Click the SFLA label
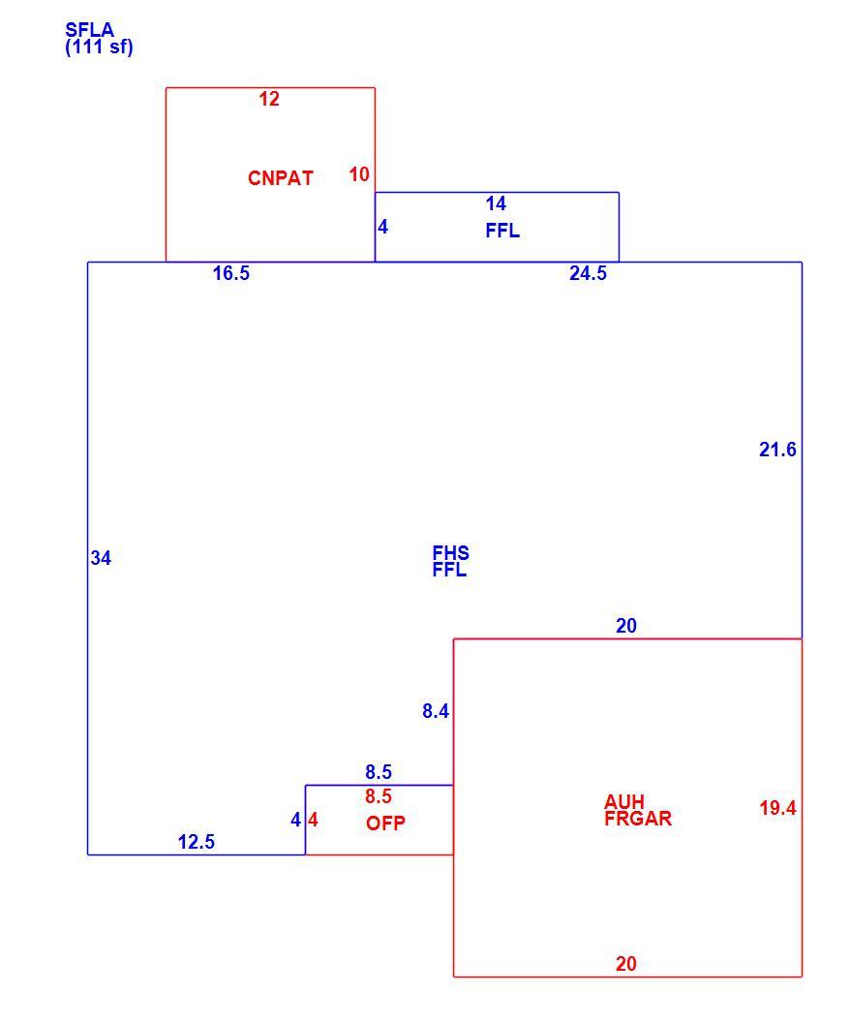click(89, 30)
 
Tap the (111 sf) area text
click(100, 47)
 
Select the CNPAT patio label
click(281, 178)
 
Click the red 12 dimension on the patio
click(269, 99)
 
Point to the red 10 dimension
click(359, 174)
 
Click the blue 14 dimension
click(496, 203)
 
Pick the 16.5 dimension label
click(231, 273)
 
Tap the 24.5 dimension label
click(588, 273)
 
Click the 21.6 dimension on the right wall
click(777, 450)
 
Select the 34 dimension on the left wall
click(101, 558)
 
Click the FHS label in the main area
click(451, 553)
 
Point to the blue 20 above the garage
click(626, 626)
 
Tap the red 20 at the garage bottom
click(626, 964)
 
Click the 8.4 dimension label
click(436, 711)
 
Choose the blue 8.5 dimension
click(379, 772)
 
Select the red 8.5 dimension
click(379, 796)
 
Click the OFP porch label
click(385, 823)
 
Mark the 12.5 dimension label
click(196, 842)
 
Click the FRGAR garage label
click(638, 819)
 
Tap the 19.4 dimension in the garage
click(777, 808)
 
